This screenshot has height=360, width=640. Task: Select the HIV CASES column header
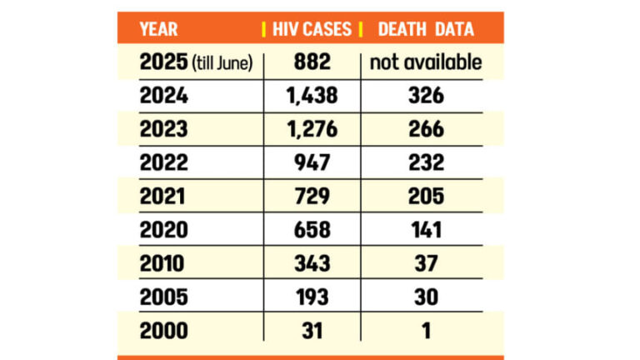click(312, 29)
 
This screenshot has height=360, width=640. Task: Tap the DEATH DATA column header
click(426, 29)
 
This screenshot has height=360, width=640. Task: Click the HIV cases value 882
click(312, 62)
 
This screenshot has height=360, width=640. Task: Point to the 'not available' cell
click(426, 62)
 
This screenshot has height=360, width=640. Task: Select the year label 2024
click(164, 97)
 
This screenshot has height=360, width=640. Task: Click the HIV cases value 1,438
click(312, 97)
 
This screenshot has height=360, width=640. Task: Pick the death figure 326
click(426, 97)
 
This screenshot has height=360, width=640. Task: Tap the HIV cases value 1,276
click(312, 130)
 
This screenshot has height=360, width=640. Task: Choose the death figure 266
click(426, 130)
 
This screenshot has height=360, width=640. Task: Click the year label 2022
click(164, 163)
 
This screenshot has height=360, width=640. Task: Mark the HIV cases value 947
click(312, 163)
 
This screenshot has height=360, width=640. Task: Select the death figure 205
click(426, 197)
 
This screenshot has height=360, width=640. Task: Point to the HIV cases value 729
click(312, 197)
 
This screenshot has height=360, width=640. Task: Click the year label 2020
click(164, 230)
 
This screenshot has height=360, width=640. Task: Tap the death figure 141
click(426, 230)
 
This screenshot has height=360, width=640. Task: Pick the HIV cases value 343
click(312, 264)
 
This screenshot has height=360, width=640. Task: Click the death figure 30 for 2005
click(426, 297)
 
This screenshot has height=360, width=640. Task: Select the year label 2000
click(164, 331)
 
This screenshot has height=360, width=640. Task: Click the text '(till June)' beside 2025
click(222, 63)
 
